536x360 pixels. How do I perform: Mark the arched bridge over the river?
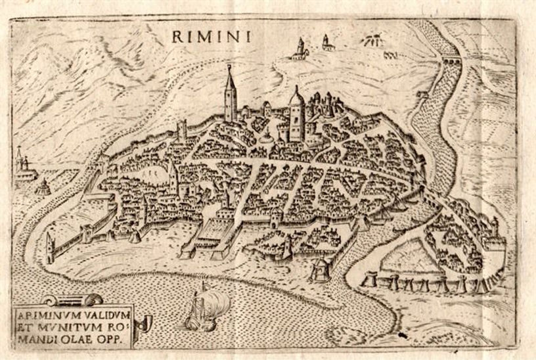point(451,61)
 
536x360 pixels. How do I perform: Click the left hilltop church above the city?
point(300,49)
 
